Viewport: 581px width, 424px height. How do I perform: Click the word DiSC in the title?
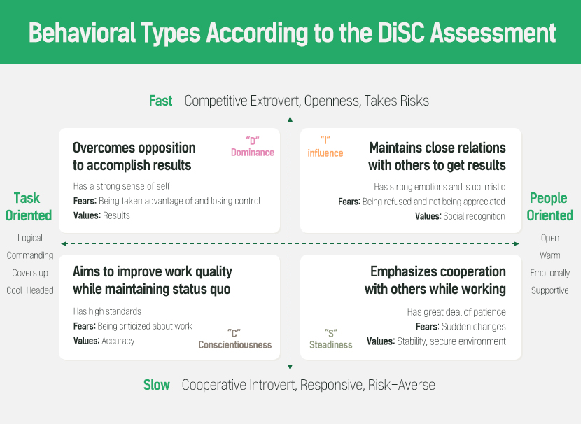[x=401, y=33]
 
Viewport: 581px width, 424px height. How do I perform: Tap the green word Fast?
[x=160, y=101]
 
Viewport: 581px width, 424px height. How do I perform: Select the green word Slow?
[x=157, y=385]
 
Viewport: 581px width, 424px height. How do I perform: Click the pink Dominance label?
[x=252, y=153]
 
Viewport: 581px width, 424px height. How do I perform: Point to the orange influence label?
[x=325, y=153]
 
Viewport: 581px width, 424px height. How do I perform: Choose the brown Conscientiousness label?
[x=235, y=345]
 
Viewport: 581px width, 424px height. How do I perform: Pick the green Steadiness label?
[x=331, y=345]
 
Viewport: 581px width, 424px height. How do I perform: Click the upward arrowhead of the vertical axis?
[x=290, y=119]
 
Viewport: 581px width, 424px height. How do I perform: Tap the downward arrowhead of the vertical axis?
[x=290, y=367]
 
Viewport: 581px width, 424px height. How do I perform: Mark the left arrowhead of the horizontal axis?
[x=64, y=243]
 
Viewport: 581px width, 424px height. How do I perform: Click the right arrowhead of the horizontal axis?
[x=516, y=243]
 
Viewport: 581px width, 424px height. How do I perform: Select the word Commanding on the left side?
[x=30, y=255]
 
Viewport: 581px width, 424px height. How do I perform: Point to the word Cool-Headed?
[x=30, y=290]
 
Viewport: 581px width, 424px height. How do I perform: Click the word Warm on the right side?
[x=550, y=255]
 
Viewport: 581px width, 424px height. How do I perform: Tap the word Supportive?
[x=550, y=290]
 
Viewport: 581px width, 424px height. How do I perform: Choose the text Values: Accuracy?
[x=104, y=341]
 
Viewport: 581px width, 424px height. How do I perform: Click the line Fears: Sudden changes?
[x=461, y=327]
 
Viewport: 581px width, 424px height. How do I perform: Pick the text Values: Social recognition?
[x=460, y=216]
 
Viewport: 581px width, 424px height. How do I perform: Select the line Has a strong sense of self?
[x=122, y=186]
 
